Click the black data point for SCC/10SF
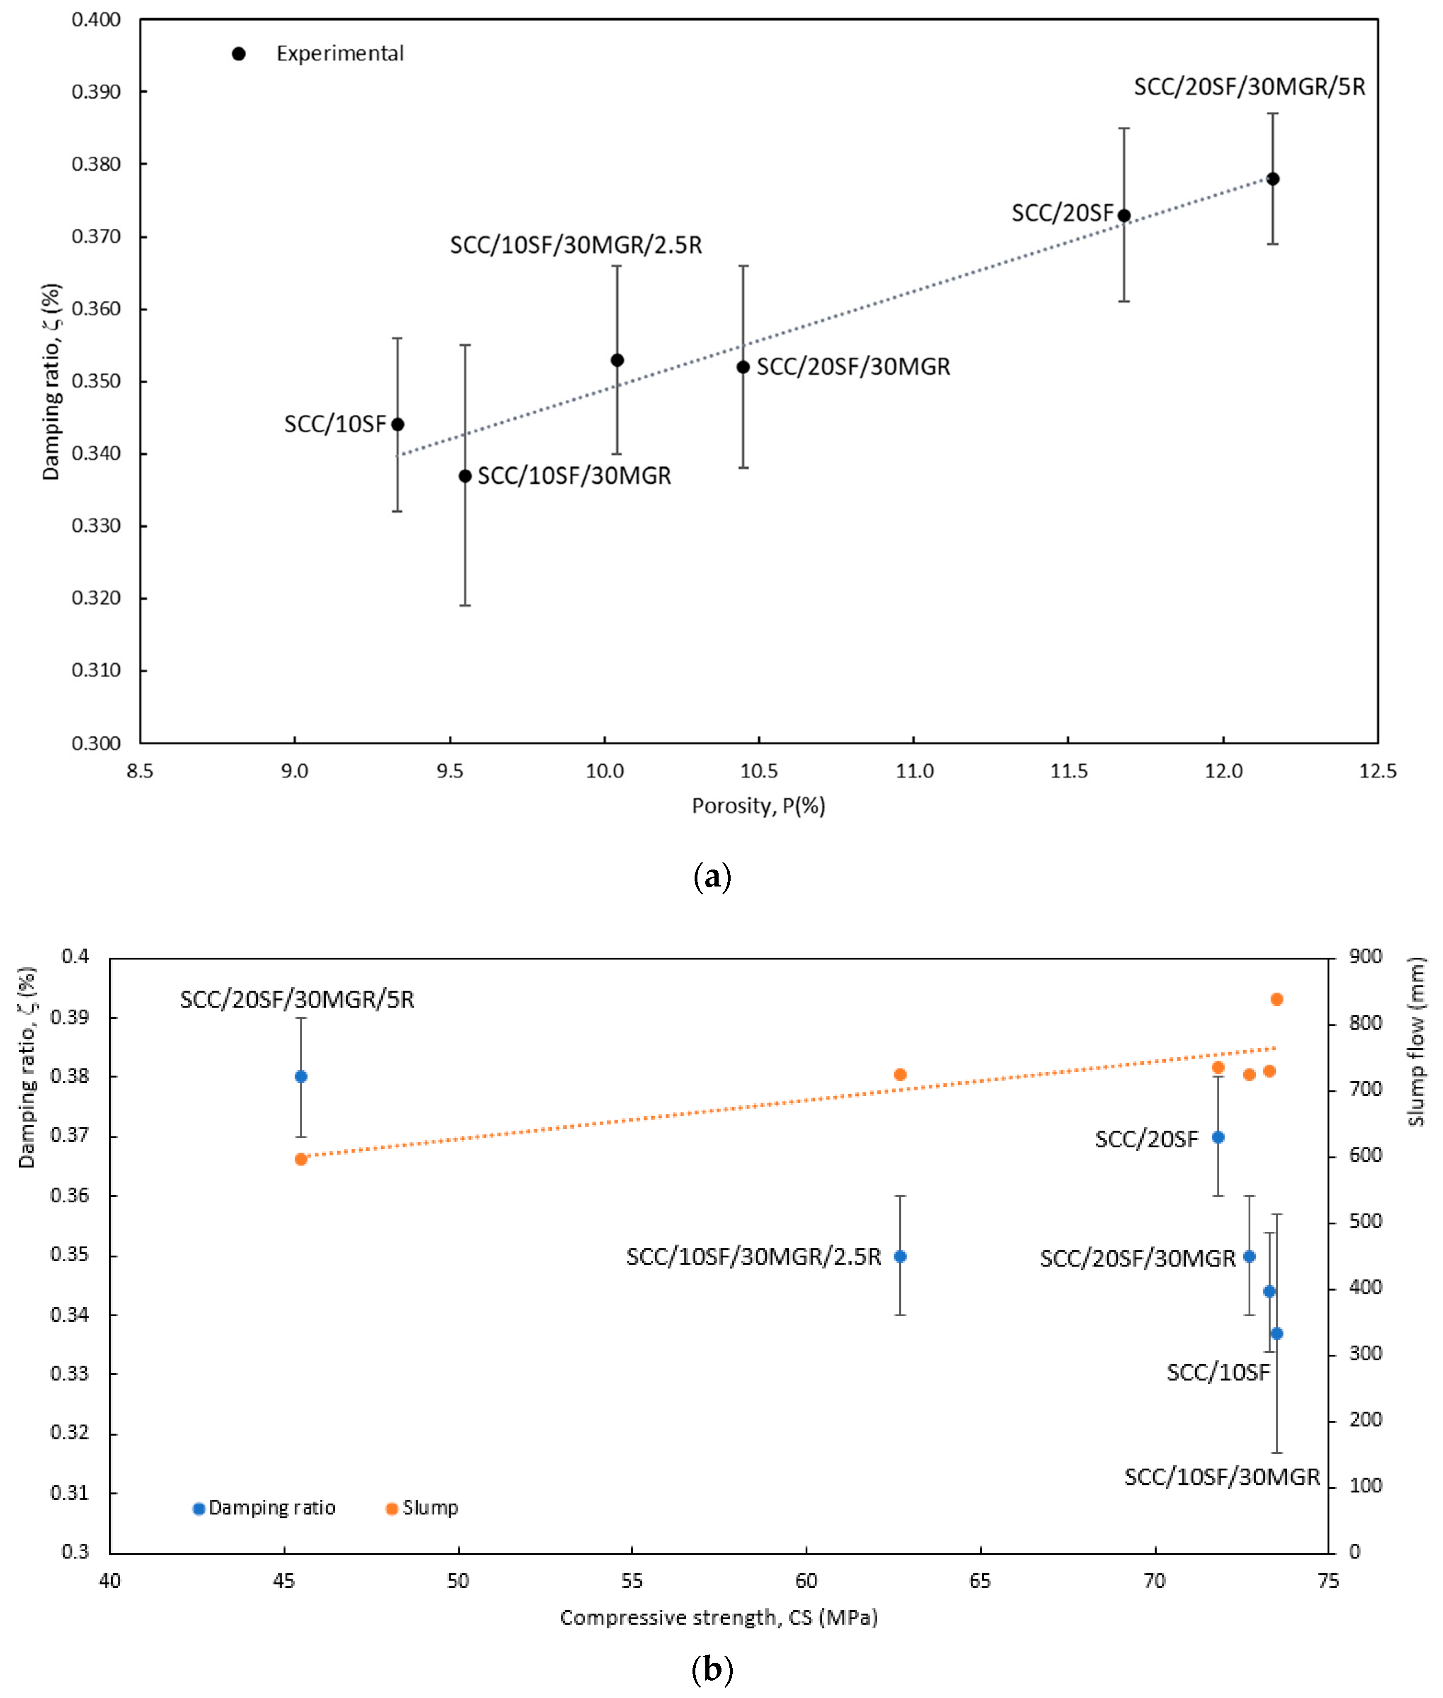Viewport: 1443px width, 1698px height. click(x=397, y=424)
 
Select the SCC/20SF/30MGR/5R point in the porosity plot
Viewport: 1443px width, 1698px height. click(x=1273, y=179)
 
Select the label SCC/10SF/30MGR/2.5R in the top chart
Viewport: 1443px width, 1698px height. click(x=576, y=245)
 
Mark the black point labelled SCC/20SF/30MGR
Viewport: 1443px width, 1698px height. click(x=743, y=367)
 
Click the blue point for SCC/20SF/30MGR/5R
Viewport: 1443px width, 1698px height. click(x=301, y=1076)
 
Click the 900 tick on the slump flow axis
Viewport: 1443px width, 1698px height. click(x=1365, y=957)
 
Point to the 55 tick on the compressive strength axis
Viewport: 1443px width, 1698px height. click(x=632, y=1582)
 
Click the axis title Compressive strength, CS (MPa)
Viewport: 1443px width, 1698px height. click(x=719, y=1618)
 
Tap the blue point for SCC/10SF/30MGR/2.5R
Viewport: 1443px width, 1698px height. click(x=900, y=1256)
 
